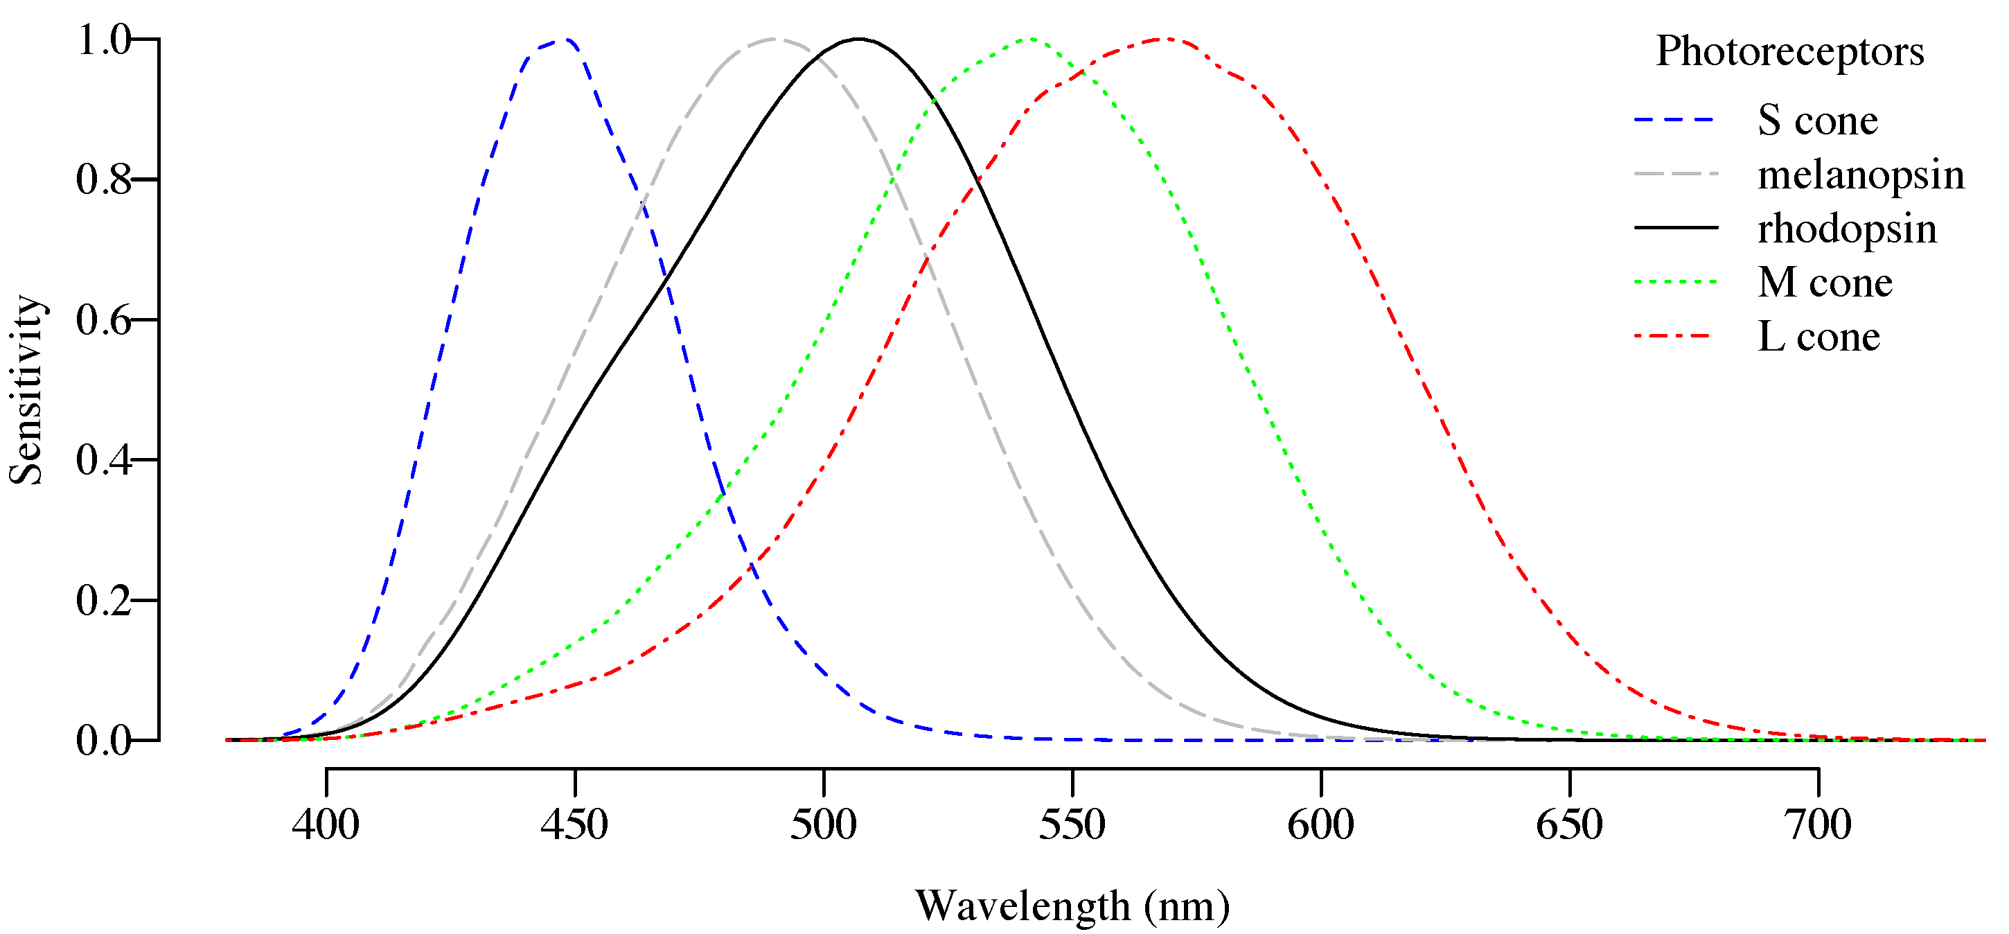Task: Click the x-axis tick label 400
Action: [x=326, y=825]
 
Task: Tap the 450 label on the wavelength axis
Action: [x=575, y=825]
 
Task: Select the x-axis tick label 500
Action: [x=824, y=825]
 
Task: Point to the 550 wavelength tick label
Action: [x=1072, y=825]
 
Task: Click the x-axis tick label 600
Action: [x=1321, y=825]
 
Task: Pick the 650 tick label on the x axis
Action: [x=1570, y=825]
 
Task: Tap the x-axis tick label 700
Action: [x=1818, y=825]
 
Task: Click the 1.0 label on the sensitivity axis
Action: [x=104, y=39]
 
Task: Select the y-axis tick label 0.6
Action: [x=104, y=320]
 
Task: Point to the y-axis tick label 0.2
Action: [x=104, y=601]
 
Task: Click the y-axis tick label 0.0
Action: [x=104, y=741]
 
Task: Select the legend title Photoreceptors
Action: [x=1790, y=51]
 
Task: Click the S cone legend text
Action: [x=1818, y=121]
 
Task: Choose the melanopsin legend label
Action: [x=1861, y=175]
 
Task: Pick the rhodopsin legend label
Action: [x=1847, y=229]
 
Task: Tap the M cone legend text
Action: [x=1825, y=283]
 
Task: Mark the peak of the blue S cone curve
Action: [x=566, y=39]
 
